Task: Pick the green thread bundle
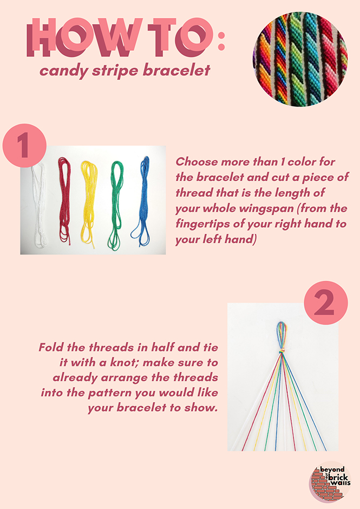pyautogui.click(x=115, y=205)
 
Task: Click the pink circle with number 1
pyautogui.click(x=24, y=146)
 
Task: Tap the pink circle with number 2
pyautogui.click(x=326, y=303)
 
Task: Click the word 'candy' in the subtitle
pyautogui.click(x=63, y=71)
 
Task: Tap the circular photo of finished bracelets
pyautogui.click(x=300, y=59)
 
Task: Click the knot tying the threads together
pyautogui.click(x=282, y=351)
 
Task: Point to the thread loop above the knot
pyautogui.click(x=282, y=335)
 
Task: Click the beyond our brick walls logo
pyautogui.click(x=330, y=482)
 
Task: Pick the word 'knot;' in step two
pyautogui.click(x=124, y=362)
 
